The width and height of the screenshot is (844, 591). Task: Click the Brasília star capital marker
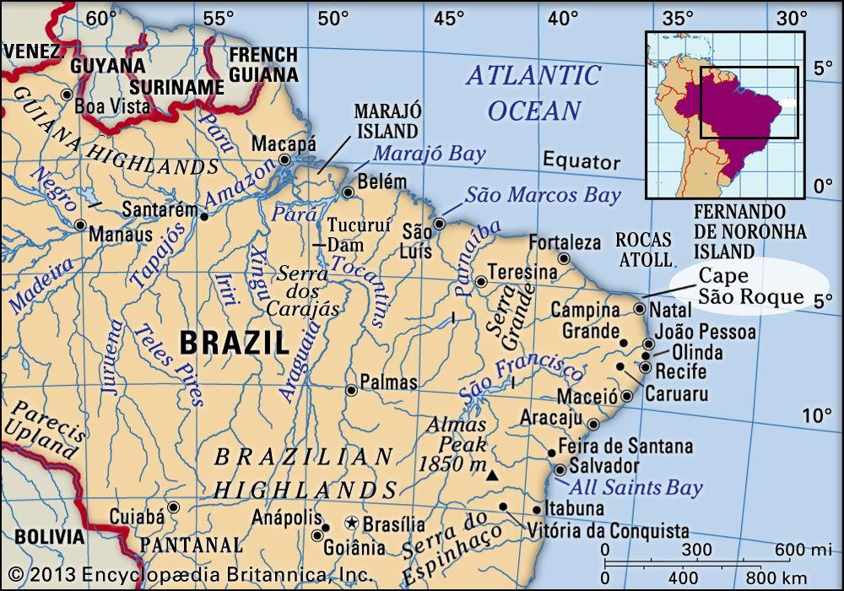[354, 523]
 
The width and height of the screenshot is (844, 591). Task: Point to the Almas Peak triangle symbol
[492, 477]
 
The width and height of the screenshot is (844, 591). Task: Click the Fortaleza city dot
[564, 259]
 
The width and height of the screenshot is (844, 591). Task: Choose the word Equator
[581, 161]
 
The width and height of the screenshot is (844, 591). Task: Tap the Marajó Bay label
[430, 154]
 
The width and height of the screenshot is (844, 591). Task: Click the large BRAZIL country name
[234, 344]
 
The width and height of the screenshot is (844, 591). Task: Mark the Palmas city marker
[351, 390]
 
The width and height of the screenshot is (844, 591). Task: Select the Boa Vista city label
[112, 106]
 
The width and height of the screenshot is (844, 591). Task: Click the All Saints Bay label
[636, 487]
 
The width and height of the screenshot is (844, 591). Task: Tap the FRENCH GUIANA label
[263, 63]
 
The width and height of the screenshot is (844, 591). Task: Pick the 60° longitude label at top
[100, 18]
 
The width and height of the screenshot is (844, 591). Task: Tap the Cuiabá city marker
[173, 507]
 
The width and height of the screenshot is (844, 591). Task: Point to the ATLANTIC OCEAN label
[533, 91]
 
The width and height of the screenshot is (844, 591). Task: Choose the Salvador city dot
[560, 469]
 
